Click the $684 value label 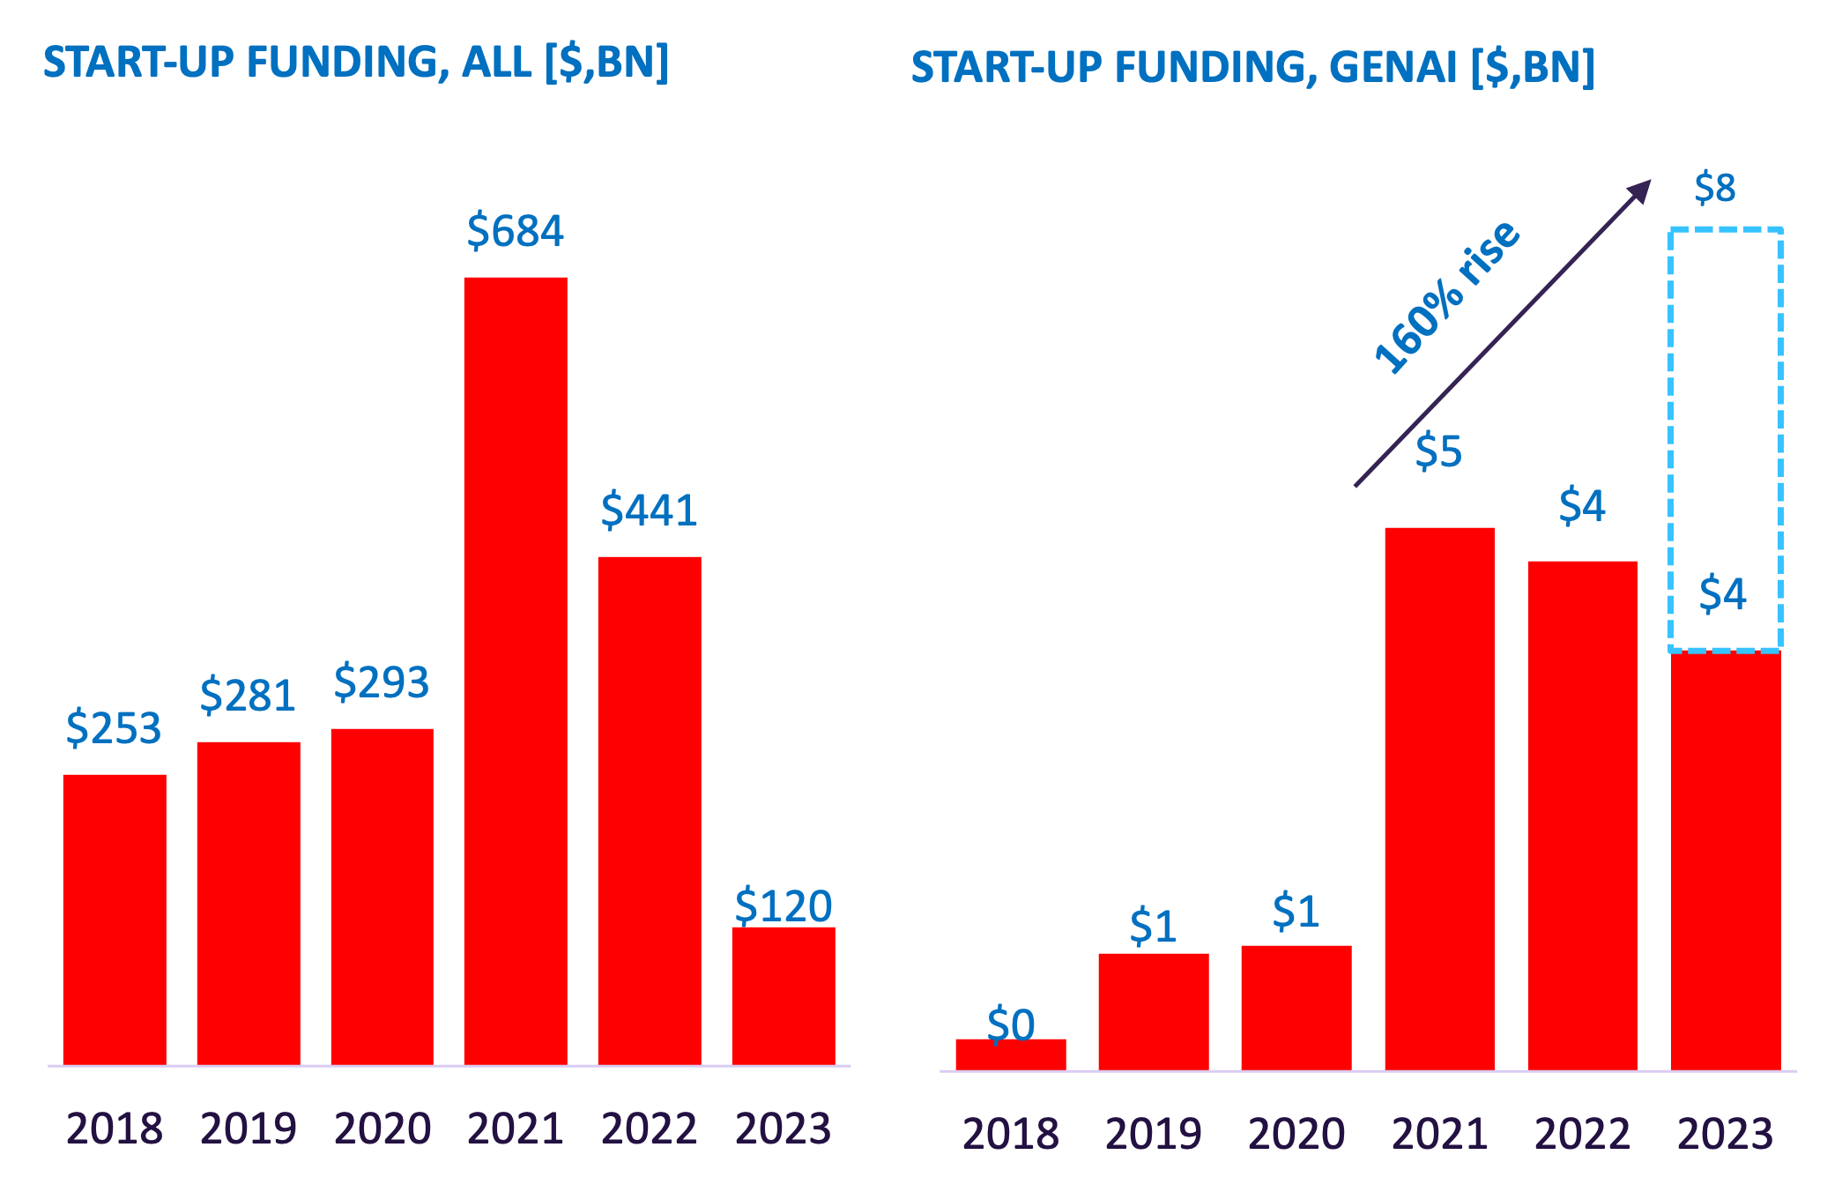pyautogui.click(x=515, y=231)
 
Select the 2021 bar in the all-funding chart pyautogui.click(x=516, y=670)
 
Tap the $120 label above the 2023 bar pyautogui.click(x=784, y=906)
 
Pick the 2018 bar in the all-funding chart pyautogui.click(x=115, y=919)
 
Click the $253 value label pyautogui.click(x=114, y=728)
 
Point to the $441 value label pyautogui.click(x=650, y=510)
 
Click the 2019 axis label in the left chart pyautogui.click(x=249, y=1129)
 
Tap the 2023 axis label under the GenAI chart pyautogui.click(x=1725, y=1134)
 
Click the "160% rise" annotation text pyautogui.click(x=1447, y=297)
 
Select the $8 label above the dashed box pyautogui.click(x=1714, y=189)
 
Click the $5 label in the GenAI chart pyautogui.click(x=1438, y=452)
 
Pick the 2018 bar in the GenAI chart pyautogui.click(x=1010, y=1054)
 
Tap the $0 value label pyautogui.click(x=1011, y=1024)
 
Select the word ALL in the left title pyautogui.click(x=497, y=63)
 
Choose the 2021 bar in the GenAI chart pyautogui.click(x=1439, y=798)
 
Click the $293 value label pyautogui.click(x=382, y=682)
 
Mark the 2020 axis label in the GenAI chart pyautogui.click(x=1296, y=1134)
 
